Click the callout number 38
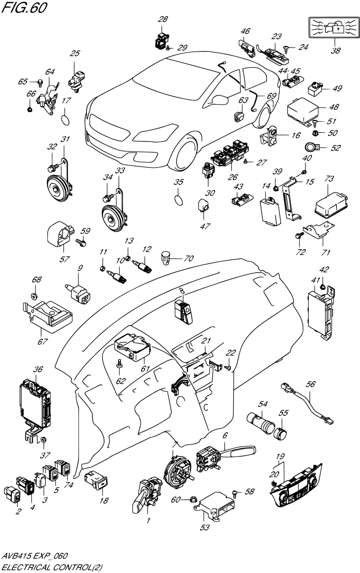(335, 51)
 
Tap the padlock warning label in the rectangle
(334, 27)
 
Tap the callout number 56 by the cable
(310, 384)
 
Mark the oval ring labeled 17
(65, 120)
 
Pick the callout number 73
(329, 179)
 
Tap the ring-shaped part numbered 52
(311, 147)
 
